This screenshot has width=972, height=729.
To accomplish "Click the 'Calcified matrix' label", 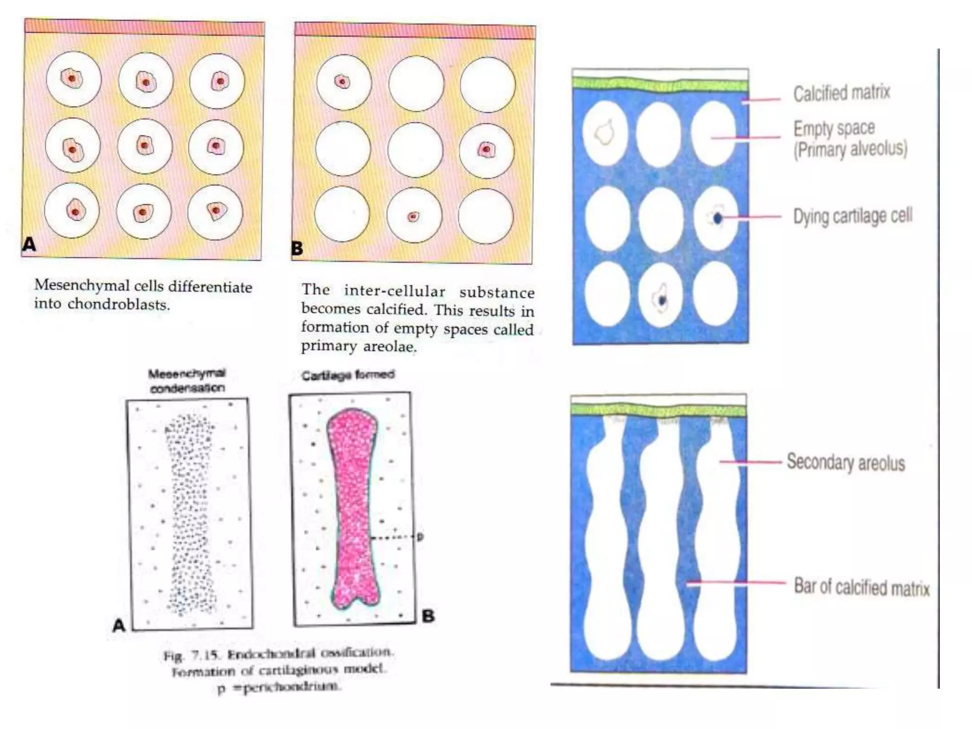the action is (841, 93).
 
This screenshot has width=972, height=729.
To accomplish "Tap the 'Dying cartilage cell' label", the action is (852, 216).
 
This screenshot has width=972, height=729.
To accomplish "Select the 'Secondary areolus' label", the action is (846, 462).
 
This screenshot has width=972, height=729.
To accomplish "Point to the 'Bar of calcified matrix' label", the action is (861, 587).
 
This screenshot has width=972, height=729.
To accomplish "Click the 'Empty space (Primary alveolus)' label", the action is (850, 139).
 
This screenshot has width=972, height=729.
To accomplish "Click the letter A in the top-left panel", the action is (29, 244).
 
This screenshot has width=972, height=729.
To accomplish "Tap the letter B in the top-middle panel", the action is (297, 248).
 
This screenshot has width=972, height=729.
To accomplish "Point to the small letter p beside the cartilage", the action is (420, 536).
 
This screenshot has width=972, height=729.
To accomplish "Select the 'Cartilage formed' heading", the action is (348, 375).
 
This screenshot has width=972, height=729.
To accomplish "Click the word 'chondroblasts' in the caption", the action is (118, 304).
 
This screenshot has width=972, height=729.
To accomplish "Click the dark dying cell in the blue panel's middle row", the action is (717, 218).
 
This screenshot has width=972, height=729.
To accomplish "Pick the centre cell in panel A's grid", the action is (145, 145).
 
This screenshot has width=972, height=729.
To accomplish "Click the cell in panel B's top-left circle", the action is (342, 82).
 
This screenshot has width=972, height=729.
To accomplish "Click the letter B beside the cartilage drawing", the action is (428, 616).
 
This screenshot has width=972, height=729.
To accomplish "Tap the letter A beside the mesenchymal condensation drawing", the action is (119, 626).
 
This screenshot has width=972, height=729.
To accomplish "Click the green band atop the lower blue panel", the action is (658, 409).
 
